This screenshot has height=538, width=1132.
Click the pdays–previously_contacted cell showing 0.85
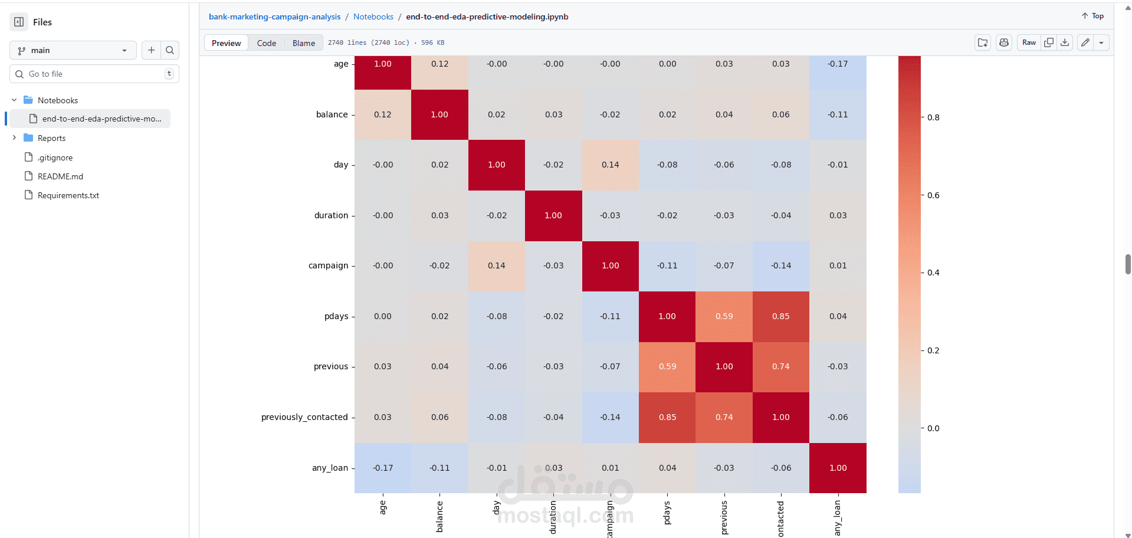tap(780, 317)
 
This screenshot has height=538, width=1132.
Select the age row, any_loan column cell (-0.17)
tap(838, 64)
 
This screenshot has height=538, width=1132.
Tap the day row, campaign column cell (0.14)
tap(610, 165)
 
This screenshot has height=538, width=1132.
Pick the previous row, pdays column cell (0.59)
tap(667, 367)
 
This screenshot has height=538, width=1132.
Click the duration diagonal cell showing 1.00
tap(553, 216)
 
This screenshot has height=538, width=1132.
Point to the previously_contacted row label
tap(304, 418)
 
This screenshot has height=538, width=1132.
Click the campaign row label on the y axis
tap(328, 266)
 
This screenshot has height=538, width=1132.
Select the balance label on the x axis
tap(439, 517)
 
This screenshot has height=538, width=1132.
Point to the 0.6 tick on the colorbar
tap(933, 195)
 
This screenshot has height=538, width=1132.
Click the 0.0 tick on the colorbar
tap(933, 428)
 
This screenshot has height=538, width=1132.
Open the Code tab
tap(266, 43)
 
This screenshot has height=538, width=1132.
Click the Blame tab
tap(304, 43)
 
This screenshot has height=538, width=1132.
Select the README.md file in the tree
tap(60, 176)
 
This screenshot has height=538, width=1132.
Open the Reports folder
tap(51, 138)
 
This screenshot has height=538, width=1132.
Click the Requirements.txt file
tap(68, 195)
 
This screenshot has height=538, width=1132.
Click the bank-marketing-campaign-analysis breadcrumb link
tap(274, 17)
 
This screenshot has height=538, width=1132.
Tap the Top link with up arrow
tap(1092, 16)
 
